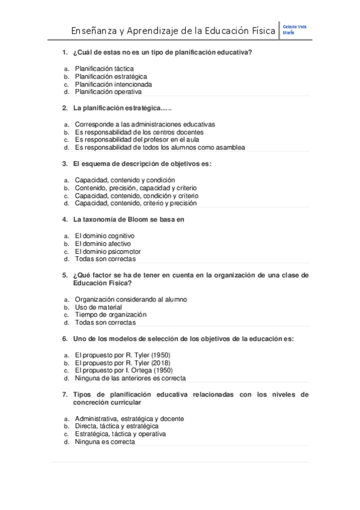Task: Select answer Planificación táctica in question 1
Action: [104, 69]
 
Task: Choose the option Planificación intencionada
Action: [113, 84]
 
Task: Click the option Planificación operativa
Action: [108, 92]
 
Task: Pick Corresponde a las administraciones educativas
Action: [145, 124]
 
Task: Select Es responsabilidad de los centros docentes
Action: [139, 132]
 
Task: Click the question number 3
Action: [64, 163]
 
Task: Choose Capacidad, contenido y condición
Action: [125, 179]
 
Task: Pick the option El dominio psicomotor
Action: [108, 251]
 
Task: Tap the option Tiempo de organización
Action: [111, 315]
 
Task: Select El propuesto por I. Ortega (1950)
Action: [124, 370]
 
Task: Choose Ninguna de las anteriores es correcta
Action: [130, 378]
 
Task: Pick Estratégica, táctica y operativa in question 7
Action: [120, 434]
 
